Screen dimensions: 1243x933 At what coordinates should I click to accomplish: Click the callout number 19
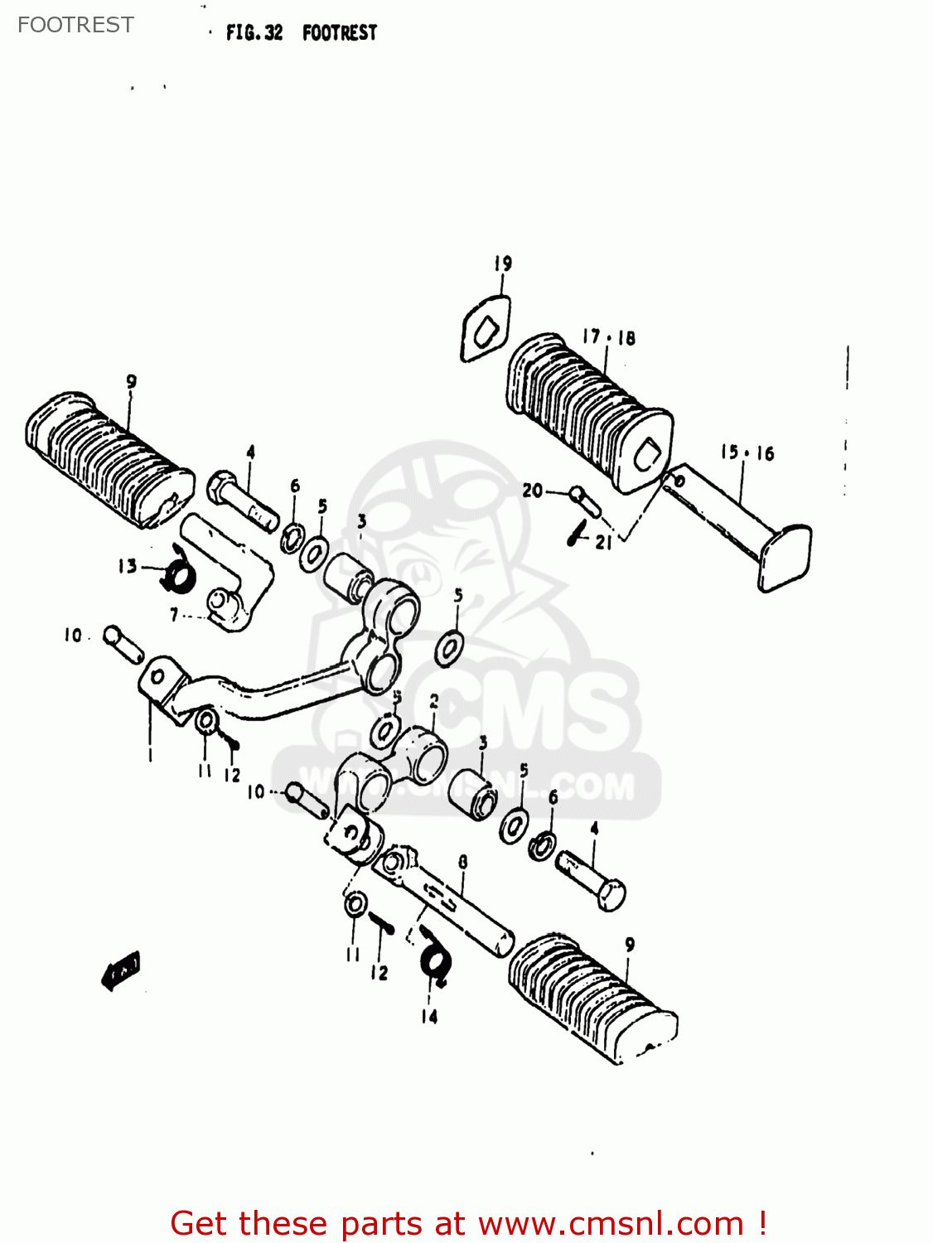(503, 264)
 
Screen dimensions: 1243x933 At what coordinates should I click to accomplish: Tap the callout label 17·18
(608, 337)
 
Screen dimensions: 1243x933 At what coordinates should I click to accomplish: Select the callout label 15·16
(747, 452)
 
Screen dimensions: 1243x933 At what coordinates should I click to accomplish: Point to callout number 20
(532, 491)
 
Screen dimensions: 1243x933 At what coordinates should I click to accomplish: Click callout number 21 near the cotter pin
(604, 543)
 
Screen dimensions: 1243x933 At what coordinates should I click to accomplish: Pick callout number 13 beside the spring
(127, 566)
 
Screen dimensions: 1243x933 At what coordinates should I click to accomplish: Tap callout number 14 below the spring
(429, 1016)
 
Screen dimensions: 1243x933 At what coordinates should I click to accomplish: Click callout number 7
(174, 615)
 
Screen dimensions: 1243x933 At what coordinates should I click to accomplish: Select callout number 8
(462, 862)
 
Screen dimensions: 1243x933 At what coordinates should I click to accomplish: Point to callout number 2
(433, 703)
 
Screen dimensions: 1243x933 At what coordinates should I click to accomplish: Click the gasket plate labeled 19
(486, 330)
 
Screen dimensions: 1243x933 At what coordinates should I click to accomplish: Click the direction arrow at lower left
(121, 969)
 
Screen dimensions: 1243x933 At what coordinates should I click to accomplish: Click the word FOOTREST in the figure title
(339, 33)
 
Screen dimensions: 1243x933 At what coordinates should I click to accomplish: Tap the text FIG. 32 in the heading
(254, 33)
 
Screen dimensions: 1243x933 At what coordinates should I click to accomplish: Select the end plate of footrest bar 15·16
(785, 555)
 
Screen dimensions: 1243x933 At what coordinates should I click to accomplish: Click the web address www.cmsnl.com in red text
(611, 1223)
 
